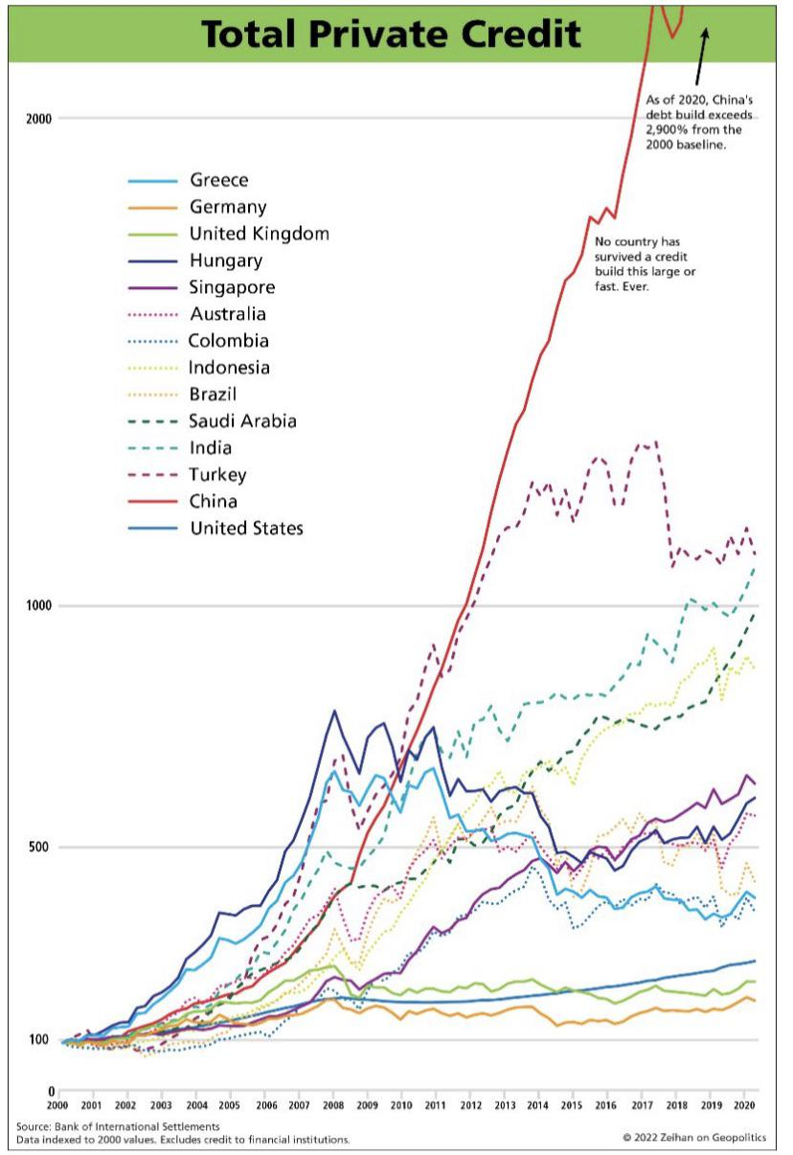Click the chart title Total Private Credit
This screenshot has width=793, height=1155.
point(391,34)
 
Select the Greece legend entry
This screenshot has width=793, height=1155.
point(219,180)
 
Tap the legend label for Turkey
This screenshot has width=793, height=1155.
point(218,475)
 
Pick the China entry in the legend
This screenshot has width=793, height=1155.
point(214,502)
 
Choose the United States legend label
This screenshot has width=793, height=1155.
point(246,529)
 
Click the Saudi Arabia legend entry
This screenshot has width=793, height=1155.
point(243,421)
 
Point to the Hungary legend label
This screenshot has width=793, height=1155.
point(226,260)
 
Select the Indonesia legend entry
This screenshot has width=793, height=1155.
point(230,368)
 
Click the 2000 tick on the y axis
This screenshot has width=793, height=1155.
point(39,119)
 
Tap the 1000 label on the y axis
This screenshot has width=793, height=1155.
point(39,606)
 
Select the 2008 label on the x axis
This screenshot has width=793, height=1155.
point(332,1104)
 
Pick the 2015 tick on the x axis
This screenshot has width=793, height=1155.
point(571,1104)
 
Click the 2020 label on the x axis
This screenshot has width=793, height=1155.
point(741,1104)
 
